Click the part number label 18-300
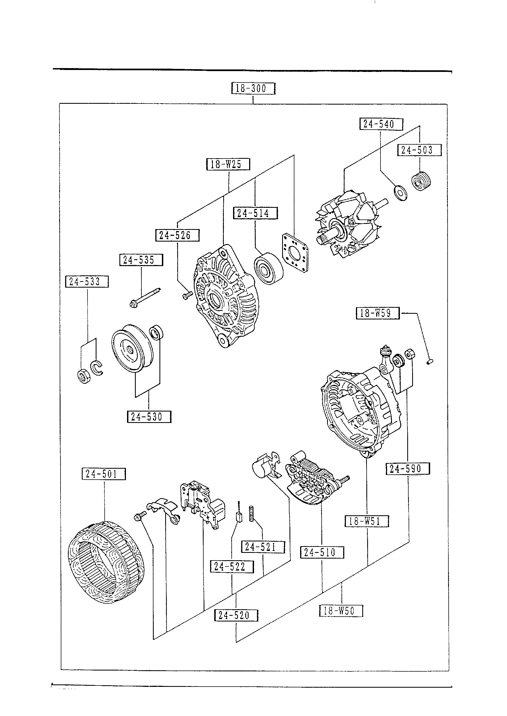[253, 88]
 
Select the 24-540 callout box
[381, 124]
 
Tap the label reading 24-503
[419, 150]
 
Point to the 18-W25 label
[228, 164]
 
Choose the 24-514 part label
[255, 213]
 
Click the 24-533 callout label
[87, 282]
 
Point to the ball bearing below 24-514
[268, 268]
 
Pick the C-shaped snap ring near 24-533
[97, 368]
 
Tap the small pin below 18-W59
[430, 362]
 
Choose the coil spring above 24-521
[251, 514]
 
